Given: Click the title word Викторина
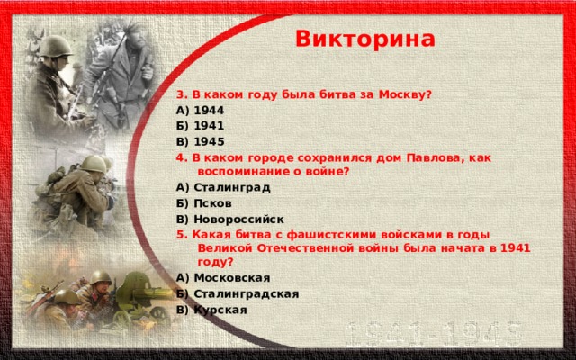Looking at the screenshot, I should [x=364, y=40].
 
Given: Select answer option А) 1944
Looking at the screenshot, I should [x=201, y=109].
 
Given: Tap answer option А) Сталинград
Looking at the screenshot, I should [x=219, y=188].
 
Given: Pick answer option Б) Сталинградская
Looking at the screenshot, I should [x=238, y=293].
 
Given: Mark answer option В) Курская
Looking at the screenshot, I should [x=211, y=310].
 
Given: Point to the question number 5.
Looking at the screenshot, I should [x=180, y=233].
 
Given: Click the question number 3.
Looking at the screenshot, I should [x=180, y=94].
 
